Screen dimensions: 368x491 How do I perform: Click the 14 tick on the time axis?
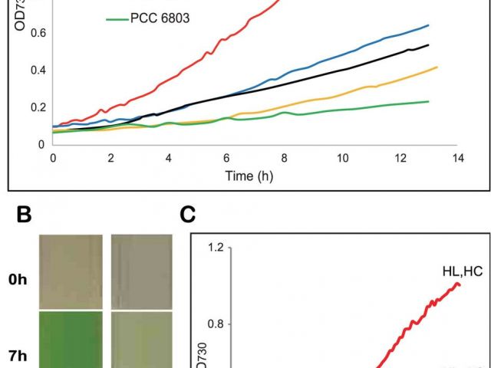tap(458, 158)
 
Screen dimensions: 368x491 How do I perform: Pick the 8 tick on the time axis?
tap(285, 158)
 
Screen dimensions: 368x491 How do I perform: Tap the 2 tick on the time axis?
tap(110, 158)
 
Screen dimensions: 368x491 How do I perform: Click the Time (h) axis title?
tap(249, 176)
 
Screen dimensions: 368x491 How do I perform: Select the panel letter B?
tap(25, 215)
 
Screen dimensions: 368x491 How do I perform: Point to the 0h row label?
tap(18, 280)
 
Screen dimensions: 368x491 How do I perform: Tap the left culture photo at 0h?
tap(71, 270)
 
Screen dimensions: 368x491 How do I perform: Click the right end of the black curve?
tap(428, 45)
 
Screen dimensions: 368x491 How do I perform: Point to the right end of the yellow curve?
tap(437, 67)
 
